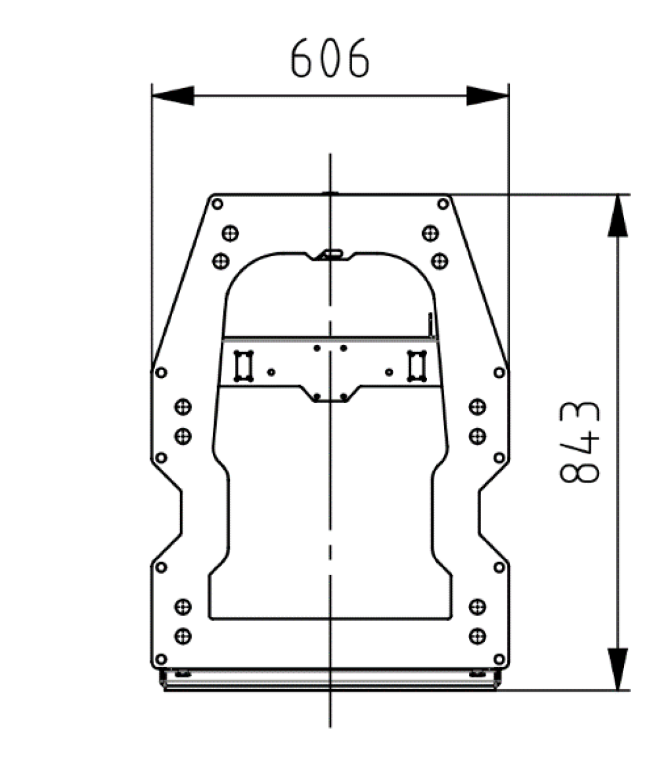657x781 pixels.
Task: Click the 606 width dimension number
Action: click(330, 58)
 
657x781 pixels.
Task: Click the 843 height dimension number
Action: click(580, 442)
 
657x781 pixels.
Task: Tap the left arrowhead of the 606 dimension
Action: click(173, 96)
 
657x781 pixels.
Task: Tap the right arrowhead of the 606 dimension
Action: click(487, 96)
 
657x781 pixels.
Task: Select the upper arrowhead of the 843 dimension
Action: click(617, 216)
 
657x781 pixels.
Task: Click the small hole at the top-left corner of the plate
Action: click(217, 204)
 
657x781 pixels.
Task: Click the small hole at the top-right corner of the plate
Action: click(443, 204)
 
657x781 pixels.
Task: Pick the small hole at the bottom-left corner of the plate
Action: click(161, 659)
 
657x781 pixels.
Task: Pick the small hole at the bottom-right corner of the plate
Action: click(499, 659)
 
